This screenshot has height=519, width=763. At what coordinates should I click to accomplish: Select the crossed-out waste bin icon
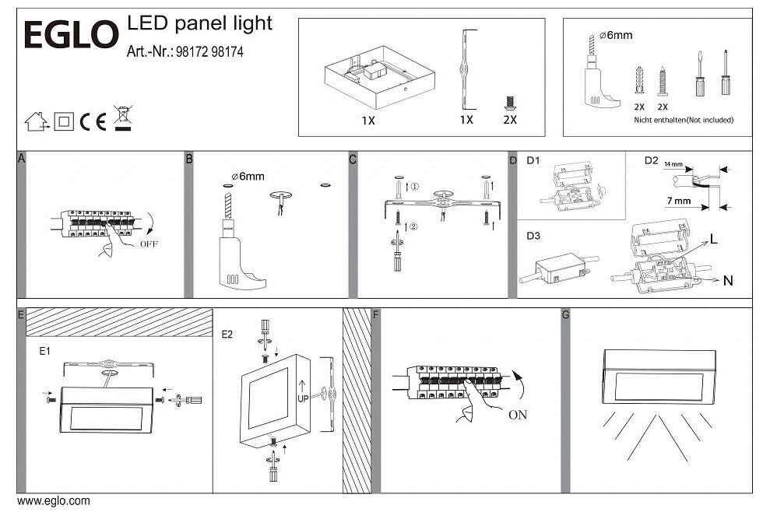pos(122,117)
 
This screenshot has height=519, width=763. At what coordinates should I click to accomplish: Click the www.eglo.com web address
pos(53,502)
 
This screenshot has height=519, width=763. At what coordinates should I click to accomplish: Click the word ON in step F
pos(518,414)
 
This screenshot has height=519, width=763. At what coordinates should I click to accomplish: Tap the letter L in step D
pos(712,242)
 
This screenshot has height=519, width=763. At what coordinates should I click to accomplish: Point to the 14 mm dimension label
pos(673,166)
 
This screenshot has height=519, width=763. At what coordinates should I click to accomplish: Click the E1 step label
pos(45,351)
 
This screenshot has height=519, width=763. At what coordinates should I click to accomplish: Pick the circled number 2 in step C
pos(414,228)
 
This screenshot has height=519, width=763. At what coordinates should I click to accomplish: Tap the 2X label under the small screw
pos(510,121)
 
